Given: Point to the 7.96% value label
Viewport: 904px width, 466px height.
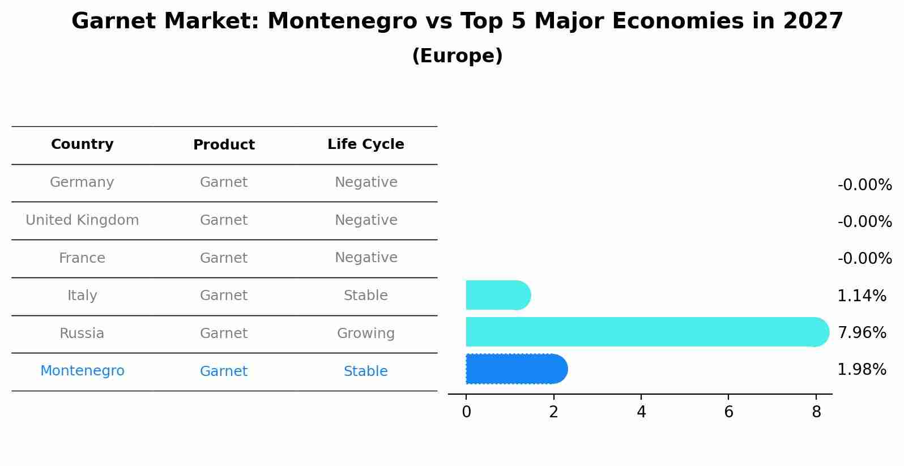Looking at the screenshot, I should pos(862,332).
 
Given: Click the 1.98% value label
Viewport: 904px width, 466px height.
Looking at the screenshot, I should pos(862,370).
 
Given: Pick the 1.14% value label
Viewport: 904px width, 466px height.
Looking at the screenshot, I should pos(862,296).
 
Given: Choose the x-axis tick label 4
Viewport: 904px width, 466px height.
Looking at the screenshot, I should pos(641,412).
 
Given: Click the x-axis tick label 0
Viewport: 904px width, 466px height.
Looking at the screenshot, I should pos(466,412).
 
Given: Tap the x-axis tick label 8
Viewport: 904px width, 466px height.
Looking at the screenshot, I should pos(816,412).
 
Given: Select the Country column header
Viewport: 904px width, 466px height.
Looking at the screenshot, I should pos(82,144).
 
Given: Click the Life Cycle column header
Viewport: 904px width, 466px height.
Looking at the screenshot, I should pos(366,144).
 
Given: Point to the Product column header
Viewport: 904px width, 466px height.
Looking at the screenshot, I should pos(224,145).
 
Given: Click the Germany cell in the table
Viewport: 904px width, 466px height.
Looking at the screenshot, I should pos(82,182).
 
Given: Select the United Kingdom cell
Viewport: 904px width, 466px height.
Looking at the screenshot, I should pos(82,220).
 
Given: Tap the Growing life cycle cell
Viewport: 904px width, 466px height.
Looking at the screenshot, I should pos(366,334).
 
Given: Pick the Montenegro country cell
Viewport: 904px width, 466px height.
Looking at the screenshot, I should pos(82,371).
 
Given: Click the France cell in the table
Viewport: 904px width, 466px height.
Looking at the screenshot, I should pos(82,258).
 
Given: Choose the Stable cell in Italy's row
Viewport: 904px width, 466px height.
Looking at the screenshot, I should pos(366,296).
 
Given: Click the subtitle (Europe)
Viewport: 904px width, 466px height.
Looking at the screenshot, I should pos(457,56).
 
